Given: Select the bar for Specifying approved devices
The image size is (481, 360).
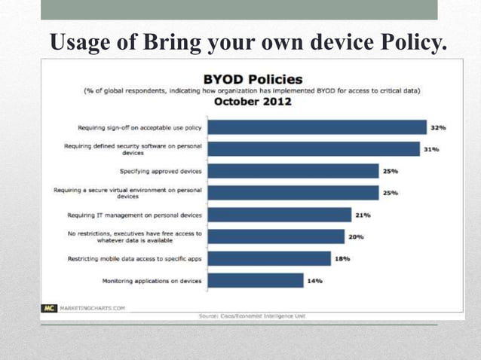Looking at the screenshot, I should [293, 171].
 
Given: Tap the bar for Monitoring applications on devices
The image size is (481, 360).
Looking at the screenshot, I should [256, 280].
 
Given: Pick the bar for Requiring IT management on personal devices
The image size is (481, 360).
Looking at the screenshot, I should [279, 215].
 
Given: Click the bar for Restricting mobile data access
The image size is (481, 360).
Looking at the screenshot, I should [269, 258].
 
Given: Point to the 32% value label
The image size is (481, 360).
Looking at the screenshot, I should [438, 127].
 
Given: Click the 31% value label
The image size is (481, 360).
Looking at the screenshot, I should [431, 149].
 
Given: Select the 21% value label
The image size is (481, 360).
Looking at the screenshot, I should [363, 215].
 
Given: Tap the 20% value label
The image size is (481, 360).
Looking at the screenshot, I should [356, 236].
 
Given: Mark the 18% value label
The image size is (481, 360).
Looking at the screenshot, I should [342, 258].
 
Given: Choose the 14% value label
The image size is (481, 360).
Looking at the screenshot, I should [314, 280].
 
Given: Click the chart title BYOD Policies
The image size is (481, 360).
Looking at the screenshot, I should [253, 79].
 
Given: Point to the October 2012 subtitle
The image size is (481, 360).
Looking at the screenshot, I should [253, 101].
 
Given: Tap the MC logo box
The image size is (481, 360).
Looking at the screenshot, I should [47, 307].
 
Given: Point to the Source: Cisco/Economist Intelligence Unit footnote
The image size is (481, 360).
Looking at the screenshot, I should [253, 316].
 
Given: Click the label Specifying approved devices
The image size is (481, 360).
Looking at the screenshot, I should [161, 171].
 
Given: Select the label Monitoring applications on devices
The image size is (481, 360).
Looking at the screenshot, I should [152, 280].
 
